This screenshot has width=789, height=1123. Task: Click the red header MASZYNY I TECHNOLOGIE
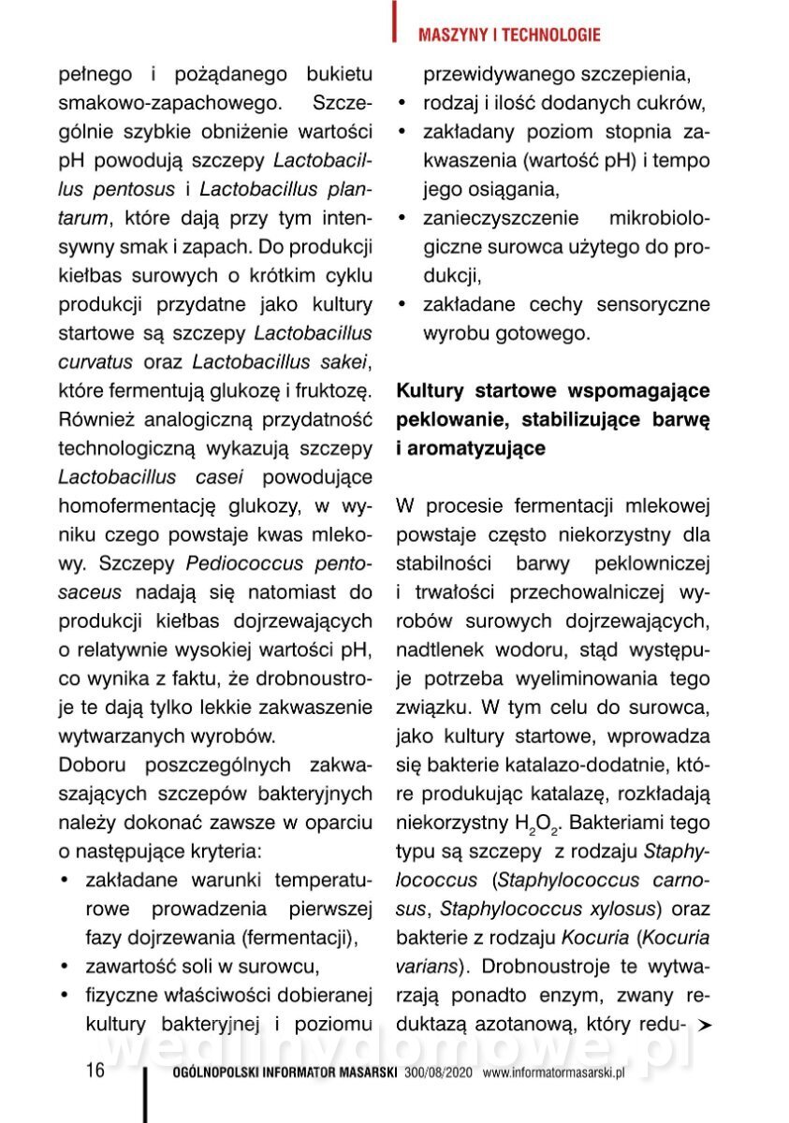pos(508,36)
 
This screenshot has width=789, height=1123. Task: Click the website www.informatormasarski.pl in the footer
pos(553,1073)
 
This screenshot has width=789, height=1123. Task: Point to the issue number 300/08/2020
pos(440,1073)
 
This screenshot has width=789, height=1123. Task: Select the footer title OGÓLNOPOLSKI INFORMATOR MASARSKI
pos(286,1073)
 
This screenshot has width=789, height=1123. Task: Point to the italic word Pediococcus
pos(244,564)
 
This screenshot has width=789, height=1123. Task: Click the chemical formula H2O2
pos(536,824)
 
